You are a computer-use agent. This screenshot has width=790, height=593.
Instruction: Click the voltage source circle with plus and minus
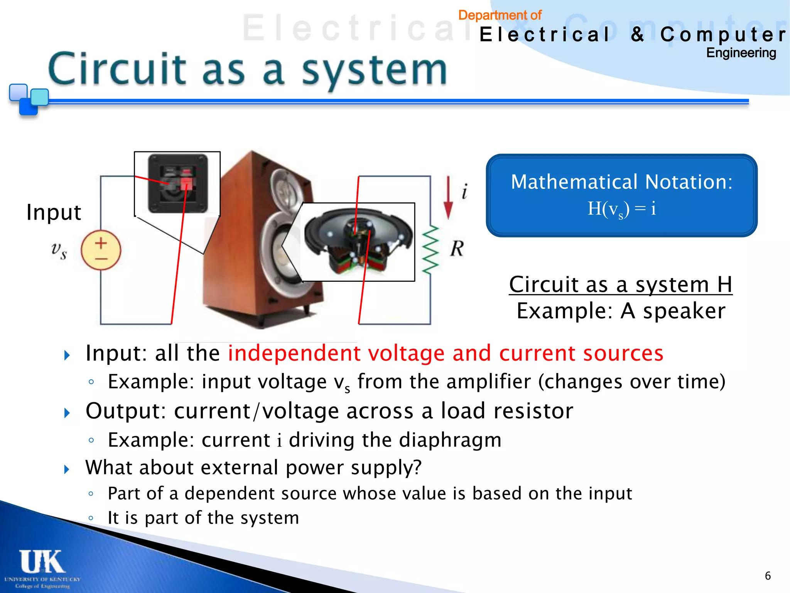[101, 250]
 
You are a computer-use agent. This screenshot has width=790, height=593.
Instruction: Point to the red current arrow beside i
[448, 198]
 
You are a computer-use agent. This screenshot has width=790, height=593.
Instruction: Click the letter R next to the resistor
[457, 249]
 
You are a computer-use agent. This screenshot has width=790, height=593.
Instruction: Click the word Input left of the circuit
[54, 212]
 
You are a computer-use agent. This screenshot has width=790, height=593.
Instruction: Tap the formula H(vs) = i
[621, 209]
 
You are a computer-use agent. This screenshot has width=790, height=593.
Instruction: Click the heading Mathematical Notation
[621, 181]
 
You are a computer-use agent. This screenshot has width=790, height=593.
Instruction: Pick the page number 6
[768, 576]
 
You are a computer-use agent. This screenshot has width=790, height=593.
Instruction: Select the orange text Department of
[500, 15]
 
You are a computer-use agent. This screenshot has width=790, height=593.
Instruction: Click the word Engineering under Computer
[741, 53]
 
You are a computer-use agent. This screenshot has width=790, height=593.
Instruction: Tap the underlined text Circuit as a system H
[620, 285]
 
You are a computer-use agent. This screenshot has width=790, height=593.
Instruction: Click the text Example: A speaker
[621, 311]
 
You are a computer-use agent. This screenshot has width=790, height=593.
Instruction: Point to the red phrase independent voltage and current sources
[446, 353]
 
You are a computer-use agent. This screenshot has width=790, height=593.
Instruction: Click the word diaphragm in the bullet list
[450, 440]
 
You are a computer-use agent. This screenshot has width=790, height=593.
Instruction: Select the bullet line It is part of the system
[203, 518]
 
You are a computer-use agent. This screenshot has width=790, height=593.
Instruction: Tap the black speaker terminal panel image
[178, 183]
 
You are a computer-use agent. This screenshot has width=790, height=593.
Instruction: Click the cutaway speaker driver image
[358, 242]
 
